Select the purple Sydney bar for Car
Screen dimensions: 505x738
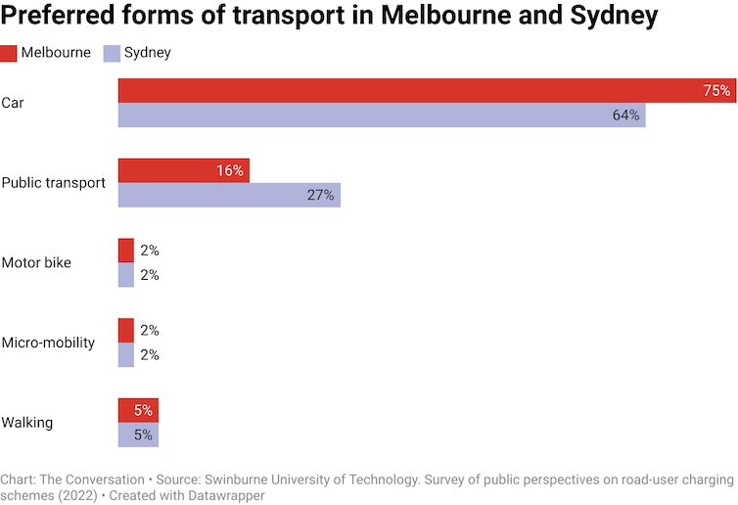(382, 115)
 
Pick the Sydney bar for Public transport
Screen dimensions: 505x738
(229, 195)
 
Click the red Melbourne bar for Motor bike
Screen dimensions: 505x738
(126, 251)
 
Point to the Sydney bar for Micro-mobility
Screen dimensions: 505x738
(126, 355)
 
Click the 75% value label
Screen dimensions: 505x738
(716, 91)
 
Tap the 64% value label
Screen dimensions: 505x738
(626, 115)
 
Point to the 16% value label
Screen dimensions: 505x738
(230, 170)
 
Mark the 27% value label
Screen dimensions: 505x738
(321, 195)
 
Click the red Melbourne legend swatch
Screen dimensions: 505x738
(9, 53)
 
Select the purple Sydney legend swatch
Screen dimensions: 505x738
(112, 53)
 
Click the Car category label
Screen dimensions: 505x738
(13, 103)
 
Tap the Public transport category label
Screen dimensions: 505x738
(53, 183)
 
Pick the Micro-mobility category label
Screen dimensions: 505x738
(48, 343)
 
